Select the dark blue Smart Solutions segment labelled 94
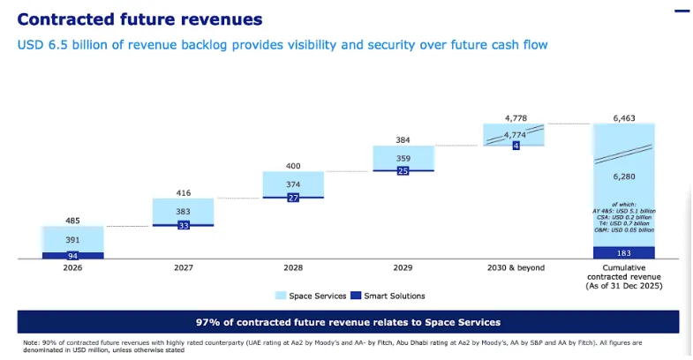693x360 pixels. [73, 256]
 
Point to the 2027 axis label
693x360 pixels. [183, 268]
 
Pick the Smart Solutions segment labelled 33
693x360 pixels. [183, 225]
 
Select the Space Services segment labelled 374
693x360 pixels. [293, 184]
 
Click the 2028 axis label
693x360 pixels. [293, 268]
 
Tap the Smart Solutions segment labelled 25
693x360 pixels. [403, 169]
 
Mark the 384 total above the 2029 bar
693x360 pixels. [403, 139]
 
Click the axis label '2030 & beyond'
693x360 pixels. [514, 268]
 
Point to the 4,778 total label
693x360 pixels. [514, 117]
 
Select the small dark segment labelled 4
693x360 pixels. [514, 144]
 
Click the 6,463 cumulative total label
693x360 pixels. [624, 117]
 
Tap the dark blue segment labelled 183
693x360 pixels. [624, 253]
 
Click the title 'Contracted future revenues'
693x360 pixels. [133, 19]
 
